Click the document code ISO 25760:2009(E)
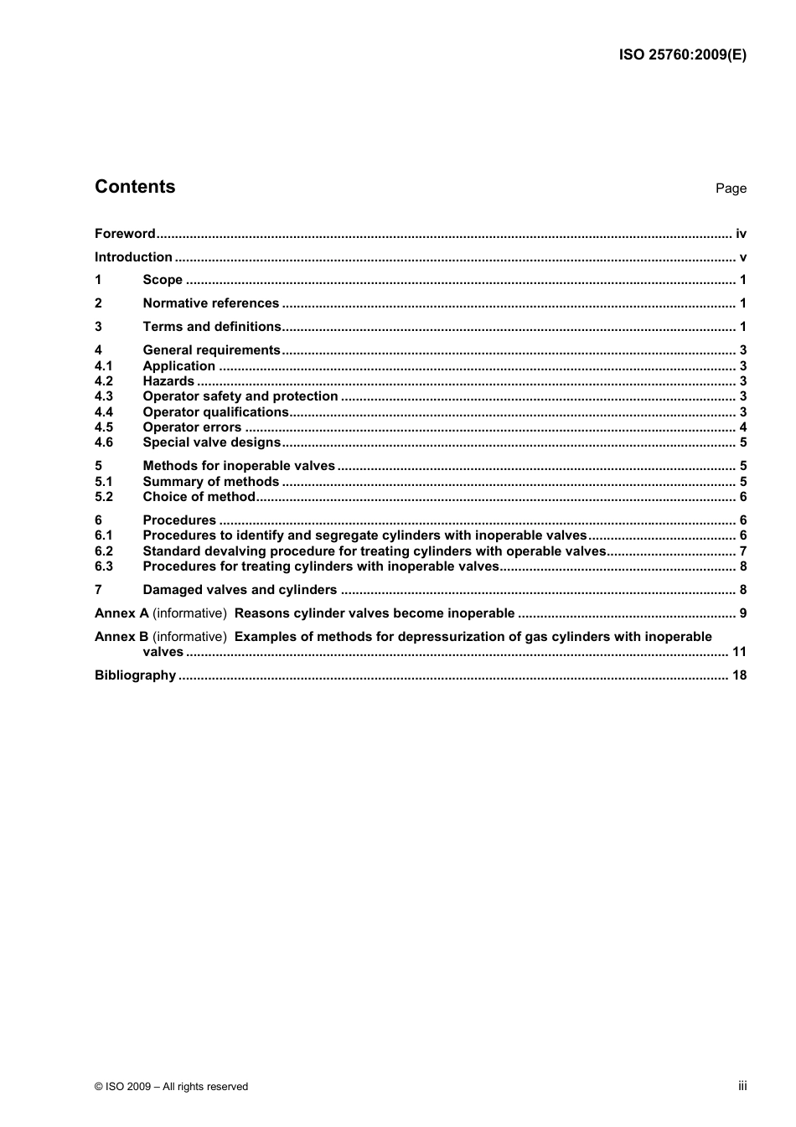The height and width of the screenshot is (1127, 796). point(682,55)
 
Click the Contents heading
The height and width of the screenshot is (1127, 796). point(135,187)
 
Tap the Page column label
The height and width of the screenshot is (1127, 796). point(731,189)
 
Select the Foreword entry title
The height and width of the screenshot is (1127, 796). point(125,234)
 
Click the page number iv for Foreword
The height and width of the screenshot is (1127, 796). point(741,234)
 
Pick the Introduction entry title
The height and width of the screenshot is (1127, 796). point(133,257)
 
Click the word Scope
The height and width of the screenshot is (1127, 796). point(163,280)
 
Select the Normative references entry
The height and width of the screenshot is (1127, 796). point(210,303)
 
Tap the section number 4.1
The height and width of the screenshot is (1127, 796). point(103,366)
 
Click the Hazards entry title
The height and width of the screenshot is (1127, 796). point(168,381)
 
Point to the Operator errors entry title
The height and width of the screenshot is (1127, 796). point(192,427)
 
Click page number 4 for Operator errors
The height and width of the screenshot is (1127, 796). point(742,427)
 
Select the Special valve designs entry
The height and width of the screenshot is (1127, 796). point(211,442)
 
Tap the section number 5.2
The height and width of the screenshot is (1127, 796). point(103,497)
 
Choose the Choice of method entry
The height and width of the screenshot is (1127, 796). point(199,497)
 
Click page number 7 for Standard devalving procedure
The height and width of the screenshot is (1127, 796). point(742,551)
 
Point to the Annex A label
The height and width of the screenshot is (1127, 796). point(121,613)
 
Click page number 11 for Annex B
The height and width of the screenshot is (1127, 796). point(739,652)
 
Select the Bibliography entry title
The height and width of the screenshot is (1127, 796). point(135,675)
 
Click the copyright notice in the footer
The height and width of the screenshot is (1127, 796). point(171,1087)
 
